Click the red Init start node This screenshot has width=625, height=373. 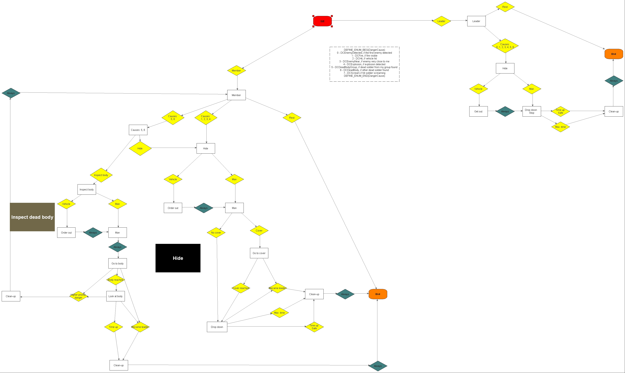click(322, 21)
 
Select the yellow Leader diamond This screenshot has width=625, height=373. click(441, 21)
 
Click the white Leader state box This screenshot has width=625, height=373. click(476, 21)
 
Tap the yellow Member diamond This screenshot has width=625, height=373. click(236, 71)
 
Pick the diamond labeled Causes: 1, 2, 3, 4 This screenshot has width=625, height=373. click(206, 118)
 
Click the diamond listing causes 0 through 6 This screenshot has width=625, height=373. click(505, 46)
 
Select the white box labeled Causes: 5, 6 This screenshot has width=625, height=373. click(138, 130)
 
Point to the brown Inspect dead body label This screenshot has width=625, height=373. click(32, 217)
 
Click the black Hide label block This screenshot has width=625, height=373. click(178, 258)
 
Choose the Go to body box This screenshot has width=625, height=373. click(117, 263)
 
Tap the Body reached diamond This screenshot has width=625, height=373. click(116, 280)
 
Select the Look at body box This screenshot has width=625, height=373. click(115, 296)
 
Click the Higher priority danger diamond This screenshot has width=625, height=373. click(78, 296)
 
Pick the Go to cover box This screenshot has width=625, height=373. click(259, 253)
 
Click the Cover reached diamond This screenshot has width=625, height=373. click(241, 288)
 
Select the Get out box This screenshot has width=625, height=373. click(478, 111)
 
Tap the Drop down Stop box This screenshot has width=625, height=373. click(532, 111)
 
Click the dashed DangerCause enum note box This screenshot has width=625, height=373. click(364, 64)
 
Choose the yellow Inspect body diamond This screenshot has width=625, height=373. click(101, 175)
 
